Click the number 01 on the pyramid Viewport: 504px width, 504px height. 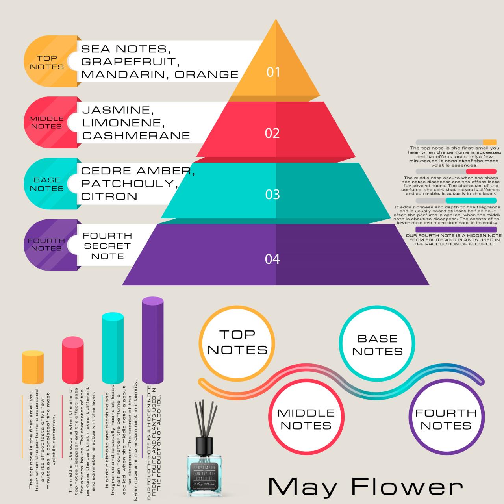pos(273,72)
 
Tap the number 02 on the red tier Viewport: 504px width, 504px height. pos(272,133)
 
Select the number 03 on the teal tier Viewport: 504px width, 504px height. pos(272,195)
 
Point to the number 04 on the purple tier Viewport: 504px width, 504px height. pos(272,259)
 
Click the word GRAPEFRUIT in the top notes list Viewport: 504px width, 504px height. pos(128,62)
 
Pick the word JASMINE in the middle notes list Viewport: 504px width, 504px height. pos(116,110)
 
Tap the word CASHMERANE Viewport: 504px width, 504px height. pos(136,136)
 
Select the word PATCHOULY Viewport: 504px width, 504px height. pos(127,183)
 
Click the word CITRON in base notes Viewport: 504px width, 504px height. pos(109,196)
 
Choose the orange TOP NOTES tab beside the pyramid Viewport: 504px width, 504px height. pos(46,62)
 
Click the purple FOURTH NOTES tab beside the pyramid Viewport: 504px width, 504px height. pos(46,245)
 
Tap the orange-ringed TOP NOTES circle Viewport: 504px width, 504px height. pos(237,343)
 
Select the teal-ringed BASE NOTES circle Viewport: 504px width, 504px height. pos(377,345)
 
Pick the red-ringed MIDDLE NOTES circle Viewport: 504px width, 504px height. pos(306,419)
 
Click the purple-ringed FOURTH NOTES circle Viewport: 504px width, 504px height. pos(446,419)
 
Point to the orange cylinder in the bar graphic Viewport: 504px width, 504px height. pos(33,367)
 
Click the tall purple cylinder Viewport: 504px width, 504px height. pos(153,340)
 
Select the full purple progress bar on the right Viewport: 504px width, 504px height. pos(456,230)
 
